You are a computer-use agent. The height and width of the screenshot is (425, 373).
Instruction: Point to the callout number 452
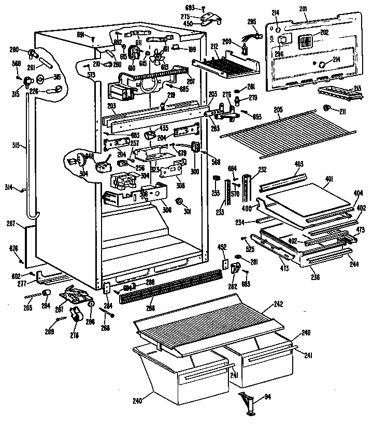(221, 248)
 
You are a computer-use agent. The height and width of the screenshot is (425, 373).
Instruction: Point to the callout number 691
(81, 35)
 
